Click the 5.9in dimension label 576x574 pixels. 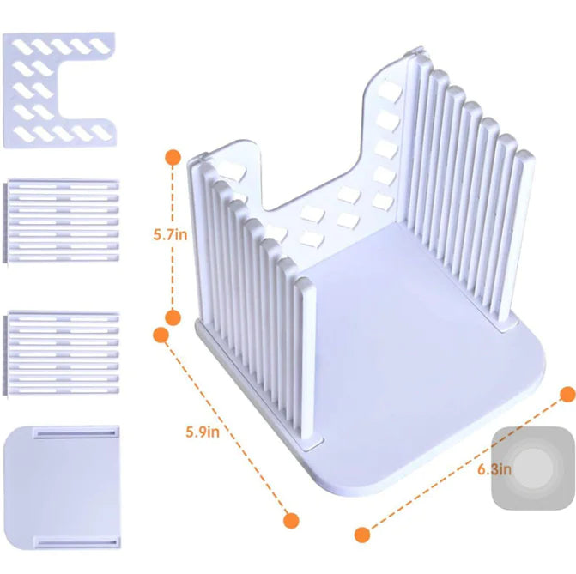click(x=203, y=432)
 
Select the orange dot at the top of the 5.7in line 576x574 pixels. click(x=173, y=157)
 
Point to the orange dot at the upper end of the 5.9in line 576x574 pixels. click(x=161, y=335)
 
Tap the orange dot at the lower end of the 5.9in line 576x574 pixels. click(x=291, y=520)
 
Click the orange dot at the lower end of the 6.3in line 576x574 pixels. click(x=361, y=534)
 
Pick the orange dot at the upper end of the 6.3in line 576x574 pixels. click(x=567, y=394)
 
